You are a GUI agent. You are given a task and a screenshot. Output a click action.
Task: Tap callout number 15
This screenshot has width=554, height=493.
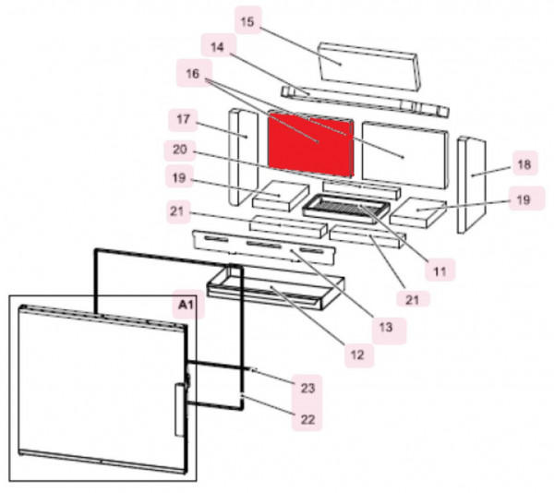click(246, 20)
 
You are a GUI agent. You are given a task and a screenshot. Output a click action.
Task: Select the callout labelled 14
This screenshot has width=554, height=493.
click(216, 46)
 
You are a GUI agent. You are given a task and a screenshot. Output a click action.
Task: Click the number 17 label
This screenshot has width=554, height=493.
click(181, 119)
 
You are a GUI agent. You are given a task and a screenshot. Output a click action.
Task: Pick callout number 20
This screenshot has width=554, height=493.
click(181, 149)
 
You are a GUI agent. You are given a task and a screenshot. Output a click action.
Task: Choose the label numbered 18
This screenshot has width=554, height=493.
click(523, 164)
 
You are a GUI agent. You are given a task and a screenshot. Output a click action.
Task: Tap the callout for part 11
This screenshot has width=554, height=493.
click(440, 271)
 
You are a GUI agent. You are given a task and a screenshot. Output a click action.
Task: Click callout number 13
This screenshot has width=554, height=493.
click(384, 325)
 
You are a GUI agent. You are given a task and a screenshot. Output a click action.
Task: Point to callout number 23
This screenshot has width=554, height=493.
click(307, 387)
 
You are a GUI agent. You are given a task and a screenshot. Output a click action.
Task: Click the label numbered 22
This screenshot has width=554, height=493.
click(307, 419)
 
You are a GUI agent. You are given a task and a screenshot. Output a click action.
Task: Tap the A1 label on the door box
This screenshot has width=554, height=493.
click(183, 303)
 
